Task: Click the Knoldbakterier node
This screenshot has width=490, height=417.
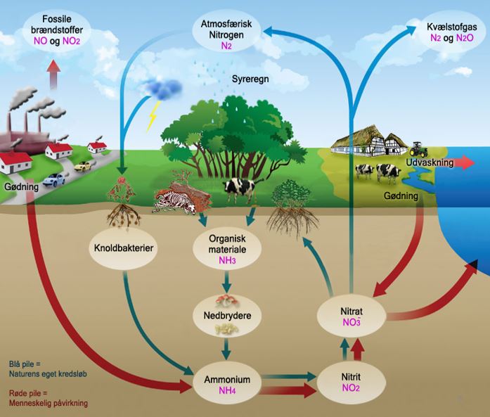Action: pos(124,248)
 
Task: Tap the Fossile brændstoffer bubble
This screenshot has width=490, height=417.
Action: pos(58,30)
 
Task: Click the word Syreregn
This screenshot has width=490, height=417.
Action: pos(251,79)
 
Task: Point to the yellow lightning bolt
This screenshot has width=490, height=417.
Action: pos(152,117)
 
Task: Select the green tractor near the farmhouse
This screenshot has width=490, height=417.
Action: pos(418,148)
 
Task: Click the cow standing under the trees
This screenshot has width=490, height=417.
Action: pos(239,188)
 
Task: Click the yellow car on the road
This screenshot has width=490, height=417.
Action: pos(83,167)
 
